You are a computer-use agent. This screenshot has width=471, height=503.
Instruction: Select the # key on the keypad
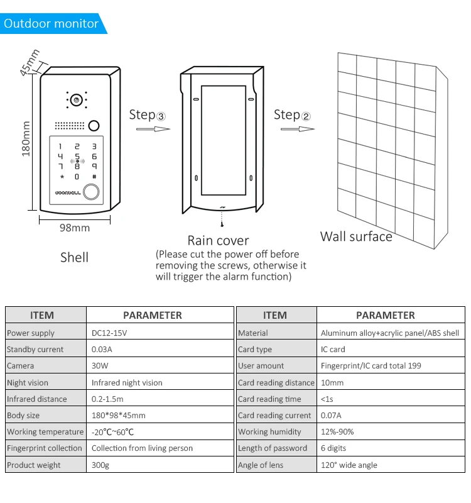94,177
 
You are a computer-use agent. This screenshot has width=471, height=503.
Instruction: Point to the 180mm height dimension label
26,139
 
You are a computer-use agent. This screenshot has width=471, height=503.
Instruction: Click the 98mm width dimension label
75,228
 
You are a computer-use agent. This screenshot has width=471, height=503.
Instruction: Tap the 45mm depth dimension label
30,62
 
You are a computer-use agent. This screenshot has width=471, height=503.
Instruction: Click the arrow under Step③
153,129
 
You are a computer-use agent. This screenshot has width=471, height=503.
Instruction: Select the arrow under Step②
297,129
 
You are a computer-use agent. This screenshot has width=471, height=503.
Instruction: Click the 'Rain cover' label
218,240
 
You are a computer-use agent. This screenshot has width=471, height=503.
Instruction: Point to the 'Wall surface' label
356,236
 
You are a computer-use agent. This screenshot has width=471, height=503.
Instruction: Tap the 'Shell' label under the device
74,257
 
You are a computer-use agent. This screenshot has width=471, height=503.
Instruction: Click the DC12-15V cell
109,333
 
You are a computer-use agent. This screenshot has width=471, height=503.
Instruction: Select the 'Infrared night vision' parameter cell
127,382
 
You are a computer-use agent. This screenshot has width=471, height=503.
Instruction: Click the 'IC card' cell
333,349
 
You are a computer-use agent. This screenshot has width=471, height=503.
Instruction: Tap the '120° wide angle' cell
349,465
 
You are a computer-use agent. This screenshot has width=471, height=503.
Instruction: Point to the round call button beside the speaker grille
94,124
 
